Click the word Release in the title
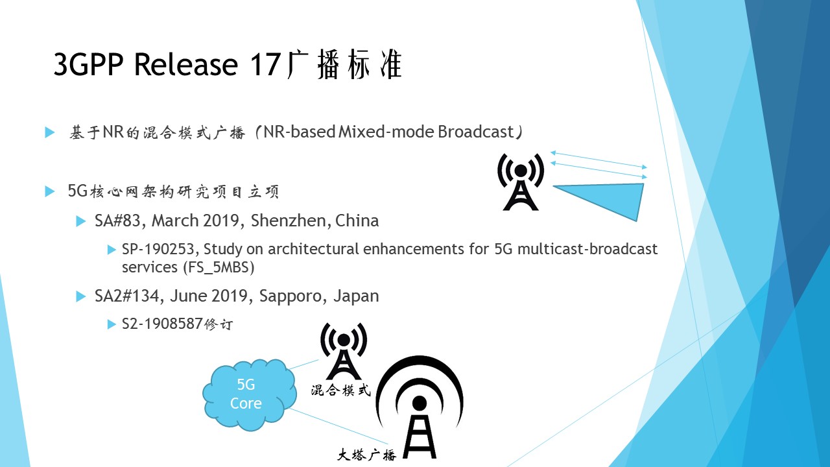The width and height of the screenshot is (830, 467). [x=185, y=64]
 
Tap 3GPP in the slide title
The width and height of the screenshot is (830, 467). [x=89, y=64]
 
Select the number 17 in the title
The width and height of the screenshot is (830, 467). [x=265, y=64]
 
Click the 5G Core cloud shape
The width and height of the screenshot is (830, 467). [x=250, y=394]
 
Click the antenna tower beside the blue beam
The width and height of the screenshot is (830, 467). [x=521, y=182]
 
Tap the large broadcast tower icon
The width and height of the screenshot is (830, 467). [x=420, y=408]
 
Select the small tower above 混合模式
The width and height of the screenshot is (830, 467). [x=344, y=351]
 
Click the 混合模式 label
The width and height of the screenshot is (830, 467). [x=340, y=390]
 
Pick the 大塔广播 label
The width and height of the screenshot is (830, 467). [x=366, y=455]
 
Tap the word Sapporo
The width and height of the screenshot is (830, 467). [x=290, y=296]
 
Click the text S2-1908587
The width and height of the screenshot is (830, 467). [x=162, y=324]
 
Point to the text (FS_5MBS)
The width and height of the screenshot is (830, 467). [x=219, y=268]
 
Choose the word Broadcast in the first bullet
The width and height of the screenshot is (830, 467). [x=475, y=132]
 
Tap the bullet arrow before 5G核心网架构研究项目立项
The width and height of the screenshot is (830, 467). [x=50, y=191]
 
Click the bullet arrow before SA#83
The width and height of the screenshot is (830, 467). [x=81, y=221]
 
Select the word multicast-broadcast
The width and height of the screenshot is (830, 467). [x=587, y=249]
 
